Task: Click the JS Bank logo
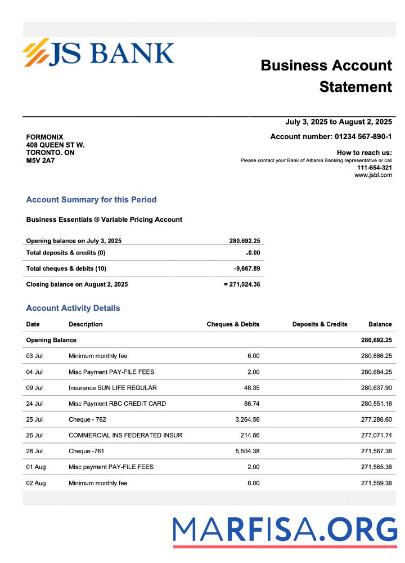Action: pyautogui.click(x=98, y=53)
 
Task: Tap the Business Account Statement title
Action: pyautogui.click(x=326, y=76)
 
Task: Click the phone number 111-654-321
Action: pyautogui.click(x=375, y=168)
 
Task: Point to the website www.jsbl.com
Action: pyautogui.click(x=373, y=175)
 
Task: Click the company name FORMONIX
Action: pyautogui.click(x=44, y=137)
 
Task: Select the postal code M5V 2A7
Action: pyautogui.click(x=40, y=160)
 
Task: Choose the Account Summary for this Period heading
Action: pyautogui.click(x=91, y=200)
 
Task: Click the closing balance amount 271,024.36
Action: pyautogui.click(x=245, y=284)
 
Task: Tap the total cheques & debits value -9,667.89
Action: pyautogui.click(x=247, y=269)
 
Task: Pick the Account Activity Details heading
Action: pyautogui.click(x=73, y=308)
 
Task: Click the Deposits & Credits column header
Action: pyautogui.click(x=319, y=324)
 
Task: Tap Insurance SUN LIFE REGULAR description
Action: pyautogui.click(x=112, y=387)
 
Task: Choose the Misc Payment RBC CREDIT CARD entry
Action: pyautogui.click(x=117, y=404)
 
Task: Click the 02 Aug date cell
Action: pyautogui.click(x=36, y=483)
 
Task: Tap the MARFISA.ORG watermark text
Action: pyautogui.click(x=285, y=530)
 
